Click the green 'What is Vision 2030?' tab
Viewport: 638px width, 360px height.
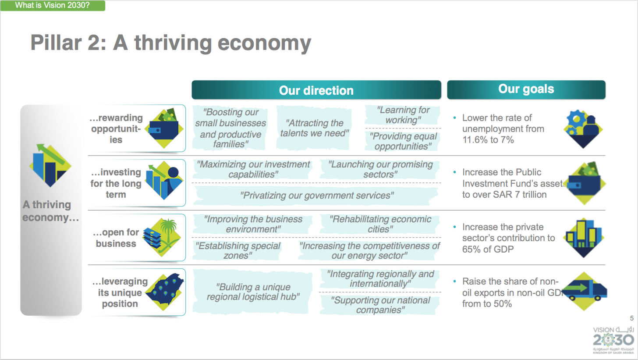point(53,5)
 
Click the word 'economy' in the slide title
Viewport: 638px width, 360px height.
point(264,43)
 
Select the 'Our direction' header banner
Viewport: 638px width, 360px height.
point(316,90)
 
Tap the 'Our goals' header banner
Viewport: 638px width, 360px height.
point(526,89)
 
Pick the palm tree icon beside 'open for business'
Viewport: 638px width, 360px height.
point(162,237)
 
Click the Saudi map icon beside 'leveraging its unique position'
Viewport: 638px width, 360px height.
point(165,292)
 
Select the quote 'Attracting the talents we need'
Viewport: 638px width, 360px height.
point(315,128)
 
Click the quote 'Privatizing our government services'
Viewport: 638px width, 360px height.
point(317,196)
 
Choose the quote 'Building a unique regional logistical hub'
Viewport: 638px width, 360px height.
point(253,292)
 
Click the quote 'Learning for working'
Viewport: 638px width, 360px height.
point(403,115)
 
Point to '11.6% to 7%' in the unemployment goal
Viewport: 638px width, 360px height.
point(488,140)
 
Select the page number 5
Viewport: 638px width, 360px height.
point(632,318)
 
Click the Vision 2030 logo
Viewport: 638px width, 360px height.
point(613,340)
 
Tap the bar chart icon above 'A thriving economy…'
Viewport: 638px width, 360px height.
point(50,165)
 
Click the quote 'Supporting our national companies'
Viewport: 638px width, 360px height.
point(380,305)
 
